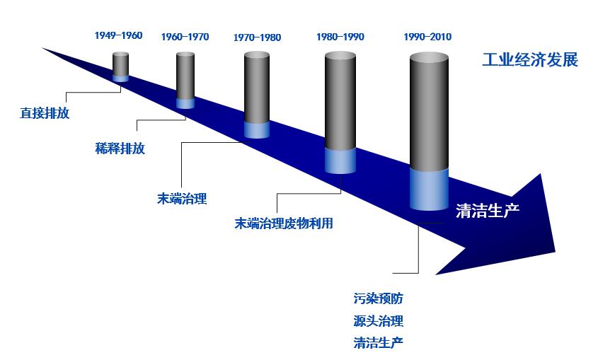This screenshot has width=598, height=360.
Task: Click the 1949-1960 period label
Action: click(x=118, y=35)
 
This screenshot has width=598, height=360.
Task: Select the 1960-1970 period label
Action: click(x=185, y=37)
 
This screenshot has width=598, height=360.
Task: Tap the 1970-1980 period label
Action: click(x=257, y=37)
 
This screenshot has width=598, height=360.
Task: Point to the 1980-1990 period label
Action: click(x=340, y=37)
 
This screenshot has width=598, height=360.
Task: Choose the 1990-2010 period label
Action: click(x=427, y=37)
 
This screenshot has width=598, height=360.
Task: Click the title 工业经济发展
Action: click(x=530, y=60)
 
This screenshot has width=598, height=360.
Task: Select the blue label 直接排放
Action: click(x=45, y=113)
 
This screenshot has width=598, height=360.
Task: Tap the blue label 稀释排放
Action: click(x=120, y=149)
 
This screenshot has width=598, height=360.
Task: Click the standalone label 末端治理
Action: click(x=182, y=199)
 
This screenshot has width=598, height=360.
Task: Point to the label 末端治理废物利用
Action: click(x=284, y=223)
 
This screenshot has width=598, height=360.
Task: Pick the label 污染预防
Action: click(x=379, y=298)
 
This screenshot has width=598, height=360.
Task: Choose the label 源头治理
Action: click(x=379, y=321)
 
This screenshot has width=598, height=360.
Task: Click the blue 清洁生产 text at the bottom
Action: click(x=379, y=343)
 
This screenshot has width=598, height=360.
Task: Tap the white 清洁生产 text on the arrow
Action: click(x=488, y=211)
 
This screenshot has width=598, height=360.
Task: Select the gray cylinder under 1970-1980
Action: click(x=257, y=88)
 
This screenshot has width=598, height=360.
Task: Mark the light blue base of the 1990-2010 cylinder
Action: click(x=429, y=190)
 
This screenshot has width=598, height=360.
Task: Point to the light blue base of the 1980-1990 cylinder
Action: click(x=340, y=161)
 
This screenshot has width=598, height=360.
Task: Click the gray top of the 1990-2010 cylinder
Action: click(x=429, y=58)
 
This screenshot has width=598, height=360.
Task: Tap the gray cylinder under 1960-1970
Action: click(x=185, y=76)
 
